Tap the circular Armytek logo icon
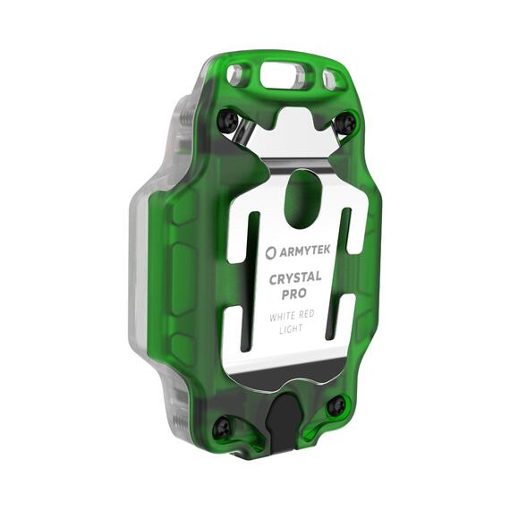coord(270,254)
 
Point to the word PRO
coord(293,294)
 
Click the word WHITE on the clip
coord(283,317)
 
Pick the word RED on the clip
coord(306,315)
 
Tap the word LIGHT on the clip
coord(291,329)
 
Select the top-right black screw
coord(344,122)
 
